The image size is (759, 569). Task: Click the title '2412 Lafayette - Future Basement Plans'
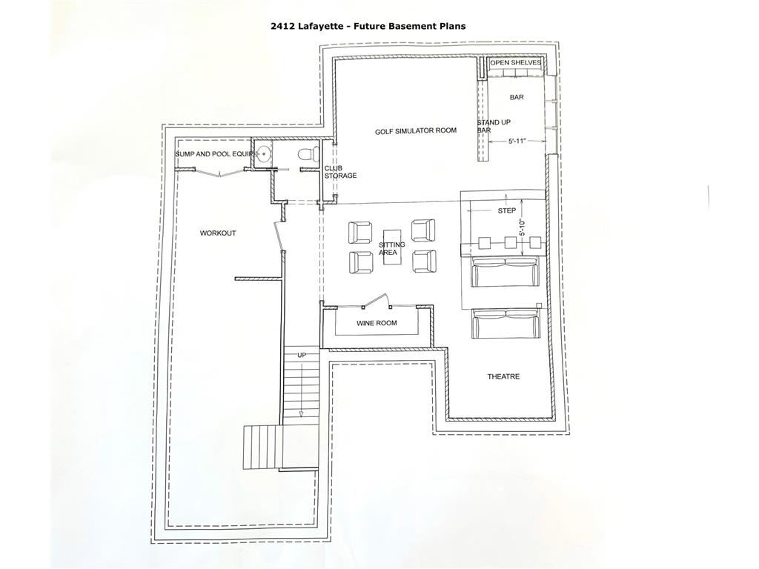pos(368,26)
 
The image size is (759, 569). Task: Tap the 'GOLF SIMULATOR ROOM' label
pos(416,130)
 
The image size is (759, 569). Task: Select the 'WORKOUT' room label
pos(218,233)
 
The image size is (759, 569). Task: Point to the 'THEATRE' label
pos(503,376)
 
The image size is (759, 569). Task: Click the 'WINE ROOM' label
pos(377,323)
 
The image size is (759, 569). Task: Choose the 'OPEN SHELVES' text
pos(516,63)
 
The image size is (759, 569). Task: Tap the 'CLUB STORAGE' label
pos(340,172)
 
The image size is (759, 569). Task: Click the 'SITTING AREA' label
pos(391,249)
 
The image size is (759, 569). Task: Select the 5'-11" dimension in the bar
pos(517,142)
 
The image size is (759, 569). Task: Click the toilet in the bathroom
pos(306,155)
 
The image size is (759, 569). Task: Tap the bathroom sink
pos(263,154)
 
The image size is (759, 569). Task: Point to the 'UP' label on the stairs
pos(302,355)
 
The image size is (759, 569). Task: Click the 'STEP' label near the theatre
pos(507,211)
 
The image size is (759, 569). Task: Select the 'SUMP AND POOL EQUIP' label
pos(213,154)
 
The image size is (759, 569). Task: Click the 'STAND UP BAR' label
pos(494,126)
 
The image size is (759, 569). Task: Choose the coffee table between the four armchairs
pos(393,247)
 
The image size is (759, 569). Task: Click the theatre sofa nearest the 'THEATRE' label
pos(506,325)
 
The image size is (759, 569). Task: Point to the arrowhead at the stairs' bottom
pos(302,413)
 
